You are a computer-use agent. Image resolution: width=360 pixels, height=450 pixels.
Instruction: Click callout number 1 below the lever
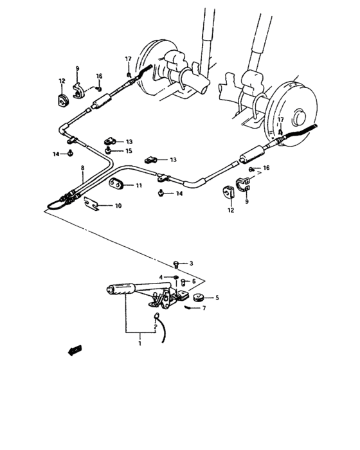coord(139,345)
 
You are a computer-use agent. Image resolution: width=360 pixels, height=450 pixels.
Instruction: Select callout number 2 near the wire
coord(155,327)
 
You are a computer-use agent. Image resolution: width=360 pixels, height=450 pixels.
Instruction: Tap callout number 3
coord(191,264)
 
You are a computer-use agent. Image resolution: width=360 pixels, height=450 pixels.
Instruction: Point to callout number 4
coord(161,278)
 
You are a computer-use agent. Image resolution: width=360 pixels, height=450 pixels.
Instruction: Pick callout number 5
coord(217,298)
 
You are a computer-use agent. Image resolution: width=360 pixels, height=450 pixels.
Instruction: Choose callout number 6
coord(194,281)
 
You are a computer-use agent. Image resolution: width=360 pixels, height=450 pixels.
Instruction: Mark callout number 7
coord(204,309)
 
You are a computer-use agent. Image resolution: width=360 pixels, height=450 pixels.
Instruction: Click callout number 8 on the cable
coord(82,168)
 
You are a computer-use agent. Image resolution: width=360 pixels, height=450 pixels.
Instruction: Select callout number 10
coord(118,206)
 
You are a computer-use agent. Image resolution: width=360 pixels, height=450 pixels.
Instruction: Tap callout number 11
coord(138,186)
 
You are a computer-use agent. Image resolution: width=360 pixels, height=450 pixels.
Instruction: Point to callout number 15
coord(129,151)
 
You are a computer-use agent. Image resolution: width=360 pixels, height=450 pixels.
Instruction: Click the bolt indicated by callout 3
coord(176,264)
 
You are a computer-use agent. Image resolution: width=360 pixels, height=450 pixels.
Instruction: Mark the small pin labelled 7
coord(190,307)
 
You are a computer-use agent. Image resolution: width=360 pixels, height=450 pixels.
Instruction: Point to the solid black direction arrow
coord(75,350)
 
